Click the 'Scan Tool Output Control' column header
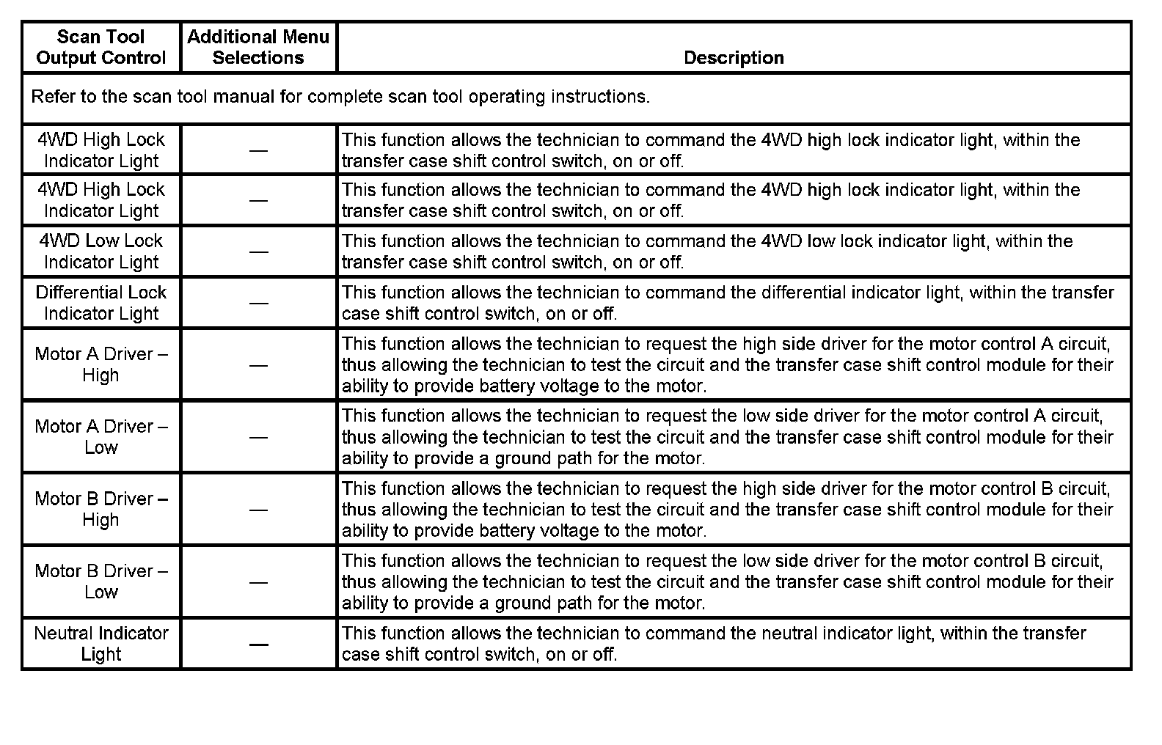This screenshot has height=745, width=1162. (x=101, y=47)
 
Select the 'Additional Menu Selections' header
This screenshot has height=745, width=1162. (x=258, y=47)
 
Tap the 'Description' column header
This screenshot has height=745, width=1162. (x=734, y=58)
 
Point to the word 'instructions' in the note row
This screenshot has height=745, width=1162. (x=599, y=97)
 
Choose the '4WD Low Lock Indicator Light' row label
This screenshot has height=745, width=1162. (x=101, y=252)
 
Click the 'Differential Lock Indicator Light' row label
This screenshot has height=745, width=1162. (x=101, y=303)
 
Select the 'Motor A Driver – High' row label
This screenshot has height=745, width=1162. (x=101, y=364)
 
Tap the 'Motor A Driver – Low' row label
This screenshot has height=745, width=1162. (x=101, y=437)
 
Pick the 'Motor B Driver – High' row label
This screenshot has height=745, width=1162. (x=101, y=509)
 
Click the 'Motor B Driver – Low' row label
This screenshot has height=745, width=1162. (x=101, y=581)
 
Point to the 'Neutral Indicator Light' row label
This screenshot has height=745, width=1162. (x=101, y=644)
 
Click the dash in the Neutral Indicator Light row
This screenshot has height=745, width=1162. (x=258, y=645)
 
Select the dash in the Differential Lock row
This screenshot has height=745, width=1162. (x=258, y=303)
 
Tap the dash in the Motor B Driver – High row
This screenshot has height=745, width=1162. (x=258, y=510)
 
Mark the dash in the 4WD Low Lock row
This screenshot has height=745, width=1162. (x=258, y=252)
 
